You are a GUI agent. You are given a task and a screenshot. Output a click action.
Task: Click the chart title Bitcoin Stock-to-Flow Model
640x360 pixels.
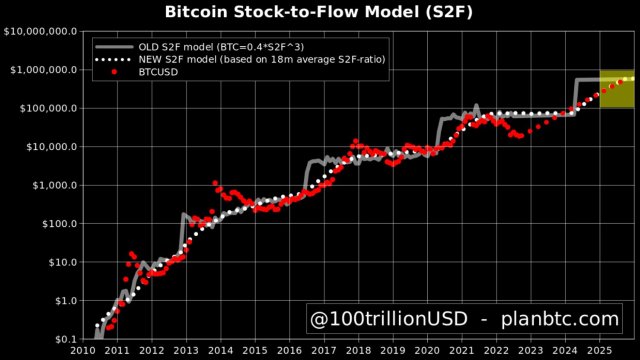pyautogui.click(x=320, y=11)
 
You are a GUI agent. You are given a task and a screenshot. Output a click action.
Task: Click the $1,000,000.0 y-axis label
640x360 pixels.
pyautogui.click(x=43, y=70)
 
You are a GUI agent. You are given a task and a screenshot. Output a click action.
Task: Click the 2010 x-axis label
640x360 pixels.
pyautogui.click(x=83, y=351)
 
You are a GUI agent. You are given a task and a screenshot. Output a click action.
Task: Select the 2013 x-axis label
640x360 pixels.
pyautogui.click(x=186, y=351)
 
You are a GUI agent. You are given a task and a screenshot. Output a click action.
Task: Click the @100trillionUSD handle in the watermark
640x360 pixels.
pyautogui.click(x=382, y=320)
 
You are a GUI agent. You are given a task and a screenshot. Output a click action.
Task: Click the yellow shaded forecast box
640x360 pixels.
pyautogui.click(x=616, y=89)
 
